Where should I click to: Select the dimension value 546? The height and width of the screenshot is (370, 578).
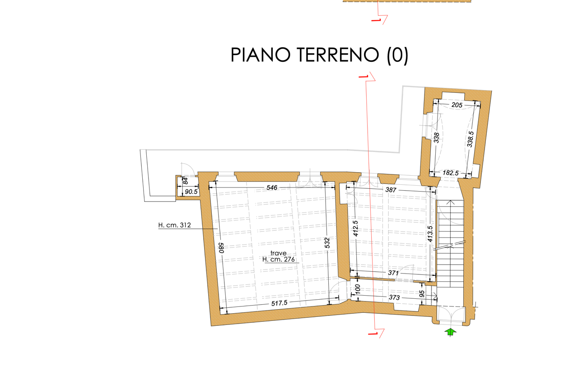click(272, 187)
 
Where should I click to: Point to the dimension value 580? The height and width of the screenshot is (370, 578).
click(221, 248)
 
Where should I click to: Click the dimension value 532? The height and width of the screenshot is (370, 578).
click(327, 243)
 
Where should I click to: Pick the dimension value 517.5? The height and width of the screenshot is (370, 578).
click(279, 303)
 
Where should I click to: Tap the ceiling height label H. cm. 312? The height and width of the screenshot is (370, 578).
click(174, 225)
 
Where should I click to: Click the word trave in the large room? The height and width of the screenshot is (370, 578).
click(279, 253)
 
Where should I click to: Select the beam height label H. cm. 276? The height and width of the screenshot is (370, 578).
click(279, 259)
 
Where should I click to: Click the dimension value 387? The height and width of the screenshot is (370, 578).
click(391, 190)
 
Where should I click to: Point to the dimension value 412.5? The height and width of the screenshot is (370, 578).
click(355, 228)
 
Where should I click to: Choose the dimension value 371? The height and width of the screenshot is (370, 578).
click(393, 273)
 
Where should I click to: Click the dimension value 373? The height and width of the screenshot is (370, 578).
click(394, 297)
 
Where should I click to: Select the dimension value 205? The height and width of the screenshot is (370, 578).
click(457, 105)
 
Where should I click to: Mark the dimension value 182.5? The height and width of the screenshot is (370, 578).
click(451, 173)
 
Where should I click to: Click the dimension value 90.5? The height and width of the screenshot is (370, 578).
click(191, 192)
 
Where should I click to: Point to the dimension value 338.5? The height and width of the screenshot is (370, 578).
click(471, 139)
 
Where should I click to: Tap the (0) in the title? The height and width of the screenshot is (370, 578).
click(397, 55)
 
